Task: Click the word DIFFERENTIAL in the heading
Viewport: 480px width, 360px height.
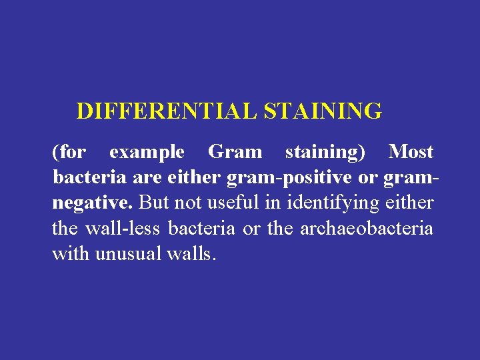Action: pyautogui.click(x=167, y=111)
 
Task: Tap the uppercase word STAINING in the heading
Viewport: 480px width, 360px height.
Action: pyautogui.click(x=323, y=111)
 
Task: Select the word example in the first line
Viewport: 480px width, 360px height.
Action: pyautogui.click(x=147, y=153)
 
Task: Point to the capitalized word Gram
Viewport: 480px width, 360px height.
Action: pyautogui.click(x=235, y=152)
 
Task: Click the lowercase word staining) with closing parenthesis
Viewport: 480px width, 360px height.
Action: pyautogui.click(x=325, y=153)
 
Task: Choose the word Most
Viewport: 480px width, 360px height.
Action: pyautogui.click(x=411, y=152)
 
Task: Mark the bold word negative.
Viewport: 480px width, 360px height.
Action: pyautogui.click(x=93, y=203)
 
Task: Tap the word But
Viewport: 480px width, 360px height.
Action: pyautogui.click(x=154, y=203)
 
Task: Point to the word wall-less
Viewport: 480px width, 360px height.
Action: pyautogui.click(x=123, y=229)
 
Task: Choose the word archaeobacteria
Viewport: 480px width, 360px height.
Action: pyautogui.click(x=367, y=229)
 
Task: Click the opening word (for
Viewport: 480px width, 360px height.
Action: pyautogui.click(x=69, y=153)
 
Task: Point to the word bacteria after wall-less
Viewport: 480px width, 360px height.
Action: pyautogui.click(x=201, y=229)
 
